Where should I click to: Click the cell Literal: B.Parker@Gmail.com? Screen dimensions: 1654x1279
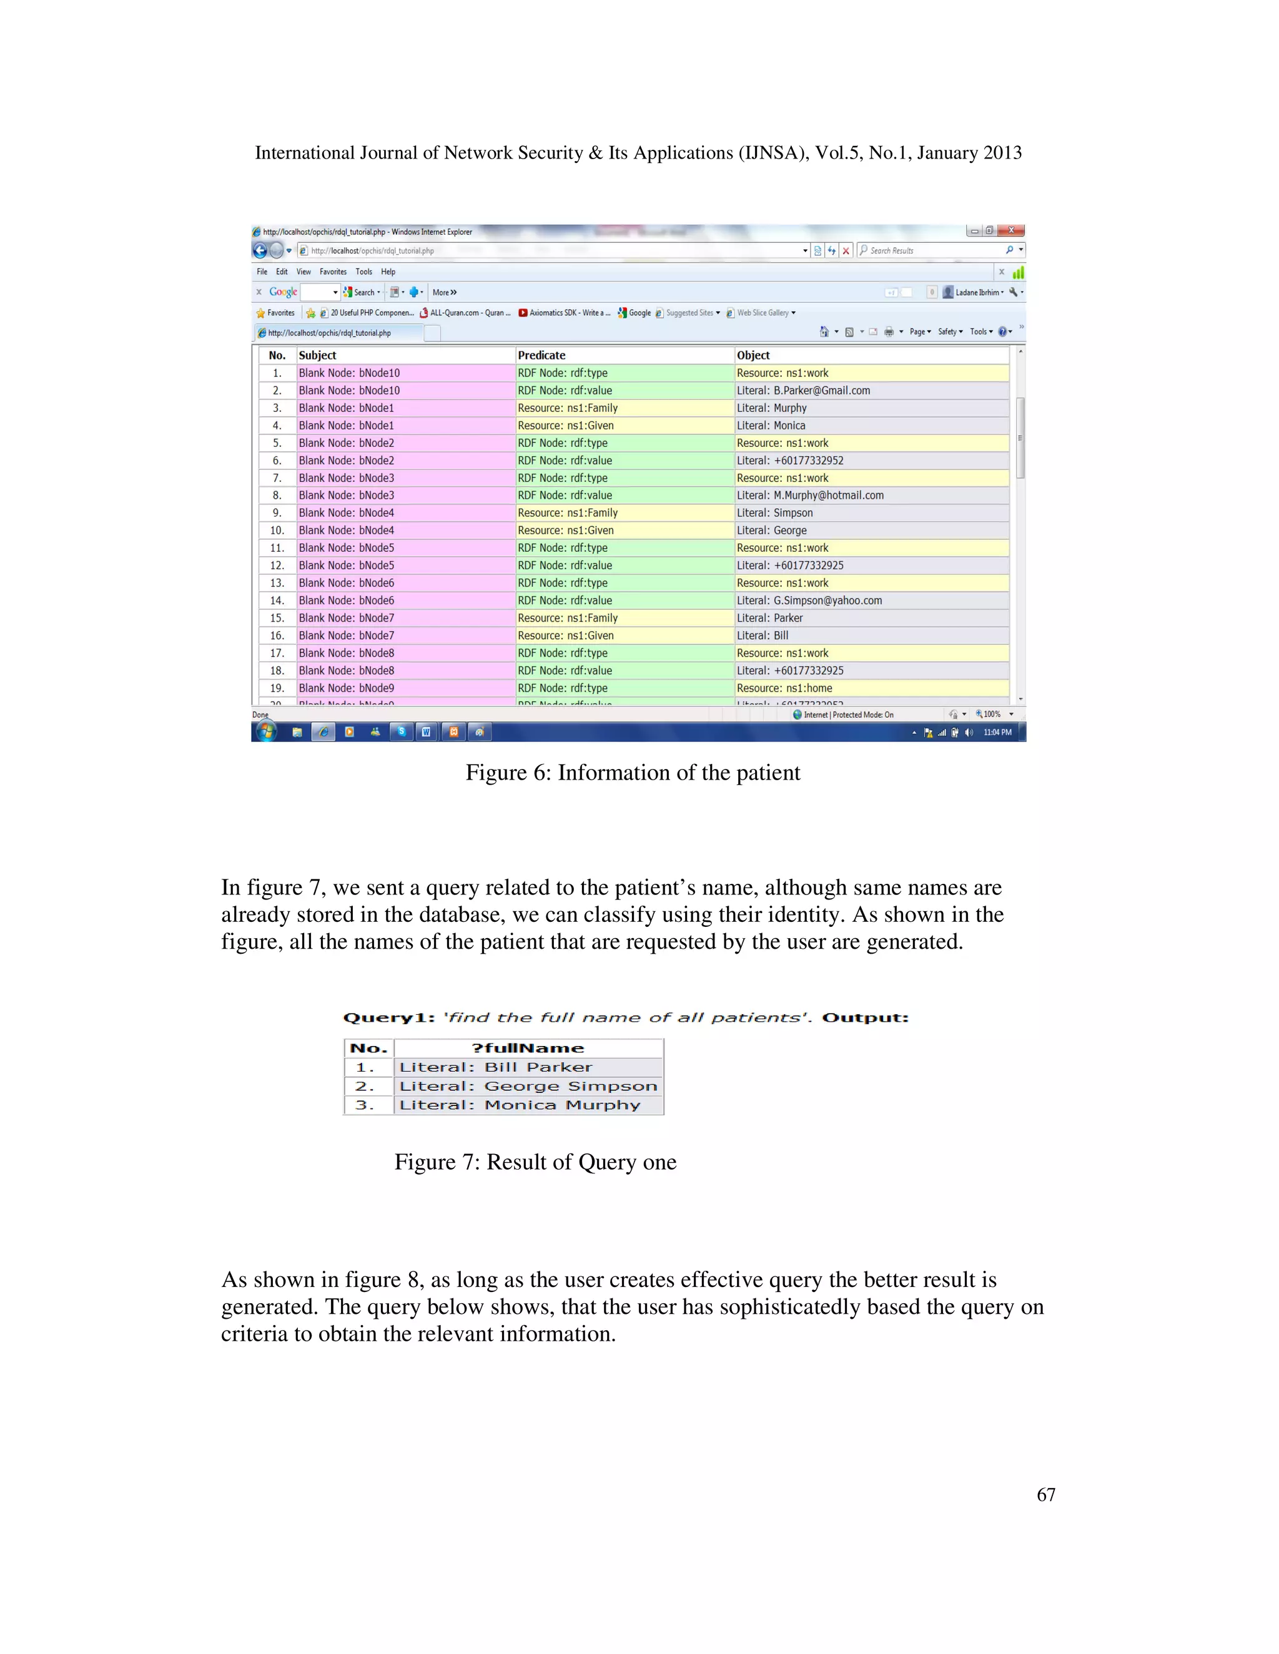pyautogui.click(x=803, y=391)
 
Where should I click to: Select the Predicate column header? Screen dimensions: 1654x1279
pyautogui.click(x=541, y=355)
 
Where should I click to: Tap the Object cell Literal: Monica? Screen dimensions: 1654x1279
pyautogui.click(x=771, y=426)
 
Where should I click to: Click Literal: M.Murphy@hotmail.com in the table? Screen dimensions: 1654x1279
pyautogui.click(x=810, y=496)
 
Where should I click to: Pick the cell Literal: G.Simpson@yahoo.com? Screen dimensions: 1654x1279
pyautogui.click(x=809, y=600)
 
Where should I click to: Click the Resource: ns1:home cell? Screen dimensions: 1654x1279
pyautogui.click(x=784, y=688)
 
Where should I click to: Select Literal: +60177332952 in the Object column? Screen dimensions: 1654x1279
pyautogui.click(x=789, y=461)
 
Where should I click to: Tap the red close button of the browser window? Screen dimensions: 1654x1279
pyautogui.click(x=1011, y=231)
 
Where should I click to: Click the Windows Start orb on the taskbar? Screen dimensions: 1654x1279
pyautogui.click(x=266, y=732)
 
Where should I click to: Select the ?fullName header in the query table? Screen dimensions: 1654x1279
pyautogui.click(x=528, y=1048)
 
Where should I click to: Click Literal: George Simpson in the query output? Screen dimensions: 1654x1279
pyautogui.click(x=528, y=1086)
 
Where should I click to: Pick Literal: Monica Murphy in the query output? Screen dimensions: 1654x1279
pyautogui.click(x=520, y=1105)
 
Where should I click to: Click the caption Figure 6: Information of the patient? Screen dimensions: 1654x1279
pyautogui.click(x=633, y=773)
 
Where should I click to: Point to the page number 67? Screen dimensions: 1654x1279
pyautogui.click(x=1045, y=1494)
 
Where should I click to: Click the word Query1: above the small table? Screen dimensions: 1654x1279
pyautogui.click(x=388, y=1018)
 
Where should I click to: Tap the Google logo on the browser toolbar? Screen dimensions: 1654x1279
pyautogui.click(x=283, y=292)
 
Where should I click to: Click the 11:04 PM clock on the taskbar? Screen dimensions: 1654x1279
pyautogui.click(x=997, y=732)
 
